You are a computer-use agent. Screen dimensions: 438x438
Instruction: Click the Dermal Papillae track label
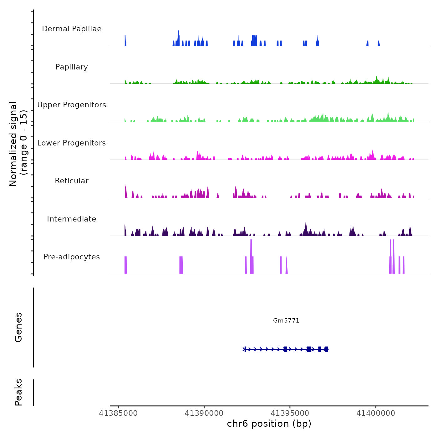coord(72,29)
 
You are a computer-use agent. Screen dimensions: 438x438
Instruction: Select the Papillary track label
coord(72,67)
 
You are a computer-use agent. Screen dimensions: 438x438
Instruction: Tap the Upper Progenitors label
coord(72,105)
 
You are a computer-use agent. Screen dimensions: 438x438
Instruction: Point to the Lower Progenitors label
coord(72,143)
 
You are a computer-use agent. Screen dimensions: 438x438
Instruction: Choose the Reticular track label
coord(72,181)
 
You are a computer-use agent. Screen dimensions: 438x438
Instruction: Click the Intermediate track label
coord(72,219)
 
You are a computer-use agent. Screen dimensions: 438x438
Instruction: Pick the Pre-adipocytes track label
coord(72,257)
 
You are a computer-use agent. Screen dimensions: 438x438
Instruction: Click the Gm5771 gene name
coord(286,320)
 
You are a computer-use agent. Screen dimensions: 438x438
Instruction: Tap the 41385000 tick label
coord(118,413)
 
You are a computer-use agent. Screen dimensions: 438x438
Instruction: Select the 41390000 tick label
coord(204,413)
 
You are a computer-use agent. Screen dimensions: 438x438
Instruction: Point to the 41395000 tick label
coord(290,413)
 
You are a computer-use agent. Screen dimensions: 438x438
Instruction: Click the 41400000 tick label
coord(376,413)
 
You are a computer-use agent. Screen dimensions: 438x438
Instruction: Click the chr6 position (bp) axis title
coord(269,424)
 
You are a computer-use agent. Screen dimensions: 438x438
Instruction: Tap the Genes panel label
coord(18,327)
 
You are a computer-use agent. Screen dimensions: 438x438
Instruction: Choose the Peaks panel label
coord(18,392)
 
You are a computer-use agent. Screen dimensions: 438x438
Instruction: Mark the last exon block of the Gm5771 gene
coord(327,349)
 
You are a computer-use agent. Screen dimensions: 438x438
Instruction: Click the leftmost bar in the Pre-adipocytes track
coord(125,265)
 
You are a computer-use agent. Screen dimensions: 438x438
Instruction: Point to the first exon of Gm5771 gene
coord(245,349)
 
